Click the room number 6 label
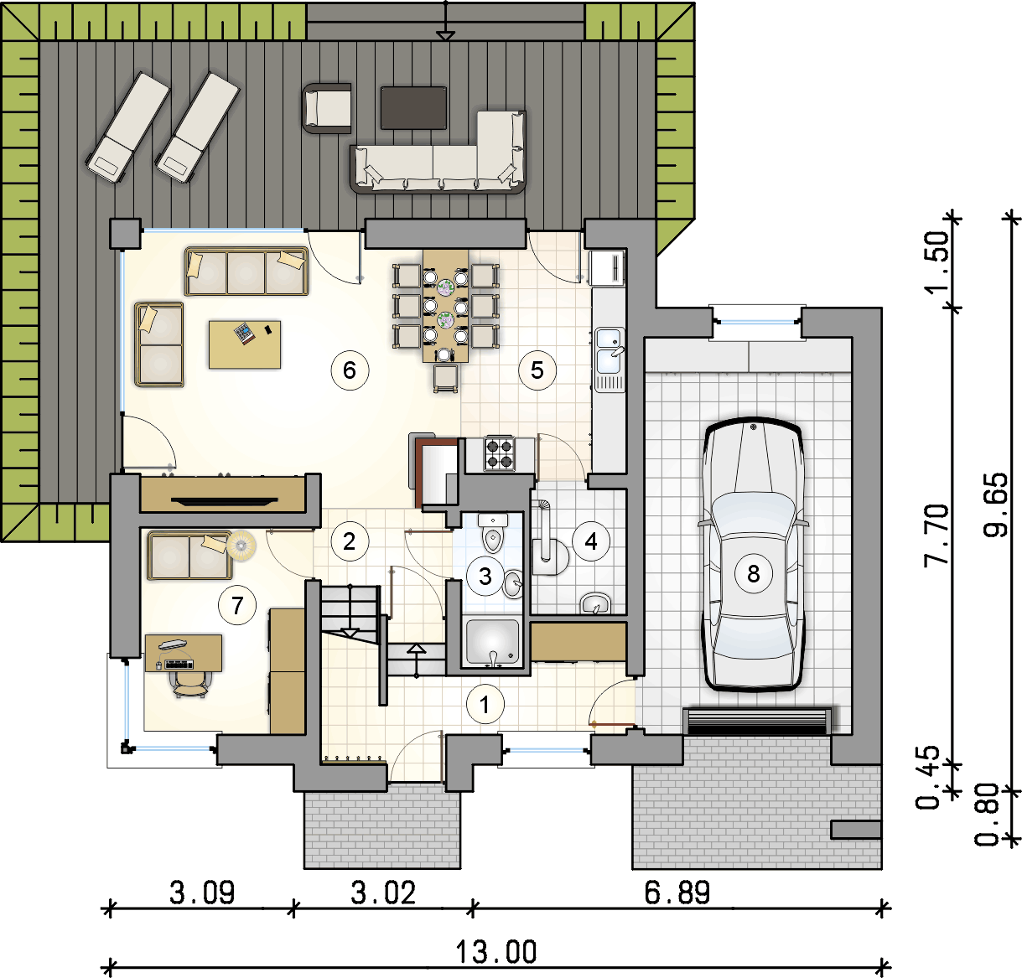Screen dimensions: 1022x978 pos(350,370)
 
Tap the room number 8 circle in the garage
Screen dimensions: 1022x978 pos(754,574)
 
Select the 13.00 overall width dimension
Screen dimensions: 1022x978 pos(496,952)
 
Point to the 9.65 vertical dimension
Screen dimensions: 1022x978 pos(995,505)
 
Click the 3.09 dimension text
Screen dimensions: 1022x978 pos(202,893)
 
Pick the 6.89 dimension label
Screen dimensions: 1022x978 pos(677,893)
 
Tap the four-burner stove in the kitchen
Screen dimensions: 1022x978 pos(499,454)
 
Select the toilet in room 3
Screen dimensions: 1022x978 pos(493,533)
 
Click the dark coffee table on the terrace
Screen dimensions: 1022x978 pos(414,107)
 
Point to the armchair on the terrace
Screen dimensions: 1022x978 pos(327,108)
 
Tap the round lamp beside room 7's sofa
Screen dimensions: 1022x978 pos(241,546)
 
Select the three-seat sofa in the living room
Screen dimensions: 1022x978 pos(246,272)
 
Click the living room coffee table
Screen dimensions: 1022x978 pos(245,344)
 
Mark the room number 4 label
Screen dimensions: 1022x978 pos(591,541)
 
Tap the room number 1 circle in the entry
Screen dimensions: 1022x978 pos(485,705)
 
